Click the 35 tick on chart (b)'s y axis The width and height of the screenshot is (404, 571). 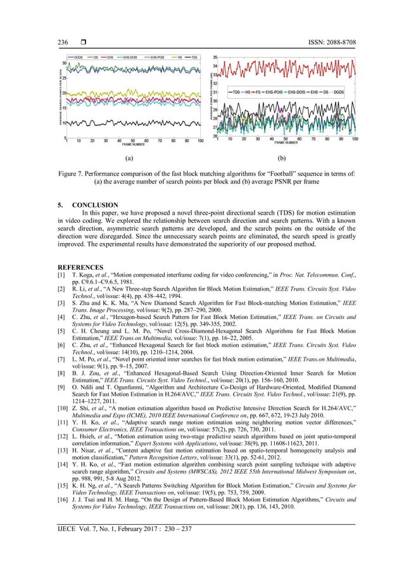(x=215, y=57)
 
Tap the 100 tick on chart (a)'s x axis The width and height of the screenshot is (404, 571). (x=200, y=141)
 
